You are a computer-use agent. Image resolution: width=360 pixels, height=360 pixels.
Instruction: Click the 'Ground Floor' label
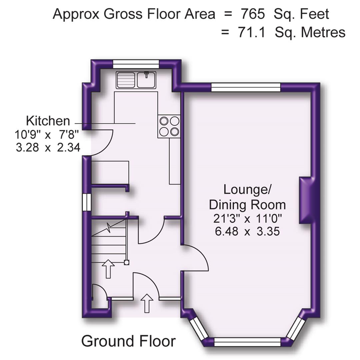click(128, 341)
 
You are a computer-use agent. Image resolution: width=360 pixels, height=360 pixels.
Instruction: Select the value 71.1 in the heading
click(252, 33)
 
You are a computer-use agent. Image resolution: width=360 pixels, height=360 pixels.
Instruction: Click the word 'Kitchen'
click(48, 121)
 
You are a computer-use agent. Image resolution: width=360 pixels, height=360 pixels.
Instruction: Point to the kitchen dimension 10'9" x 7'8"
click(46, 135)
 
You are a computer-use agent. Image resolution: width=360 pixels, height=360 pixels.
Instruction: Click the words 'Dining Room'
click(247, 204)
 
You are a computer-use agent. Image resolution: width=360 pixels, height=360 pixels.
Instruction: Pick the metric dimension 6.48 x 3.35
click(247, 231)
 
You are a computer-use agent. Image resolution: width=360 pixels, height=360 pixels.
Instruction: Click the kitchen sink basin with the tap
click(146, 80)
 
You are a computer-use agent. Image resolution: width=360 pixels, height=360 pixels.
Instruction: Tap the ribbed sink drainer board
click(125, 80)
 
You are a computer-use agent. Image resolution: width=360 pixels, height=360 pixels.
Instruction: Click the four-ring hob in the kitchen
click(169, 126)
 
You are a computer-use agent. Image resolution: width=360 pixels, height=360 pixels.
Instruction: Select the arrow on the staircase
click(108, 269)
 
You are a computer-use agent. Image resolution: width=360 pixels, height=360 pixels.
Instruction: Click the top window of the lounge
click(246, 87)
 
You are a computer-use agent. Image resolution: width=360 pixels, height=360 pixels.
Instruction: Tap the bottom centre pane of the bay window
click(247, 342)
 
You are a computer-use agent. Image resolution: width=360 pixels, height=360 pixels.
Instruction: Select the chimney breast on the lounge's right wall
click(305, 200)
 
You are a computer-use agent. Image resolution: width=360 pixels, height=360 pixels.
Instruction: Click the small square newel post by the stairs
click(126, 262)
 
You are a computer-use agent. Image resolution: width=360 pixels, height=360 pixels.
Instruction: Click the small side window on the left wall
click(87, 202)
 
